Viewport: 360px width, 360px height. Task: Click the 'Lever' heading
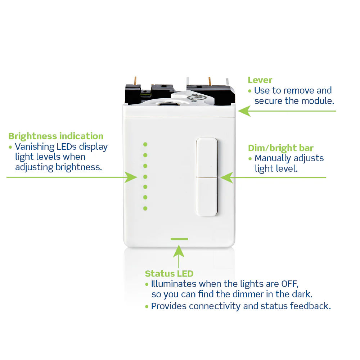point(260,80)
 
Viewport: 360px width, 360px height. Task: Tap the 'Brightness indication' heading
point(56,136)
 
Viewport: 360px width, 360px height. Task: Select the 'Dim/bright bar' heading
point(280,148)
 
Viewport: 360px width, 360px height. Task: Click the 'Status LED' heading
point(169,274)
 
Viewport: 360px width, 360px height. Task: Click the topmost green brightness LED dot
point(145,144)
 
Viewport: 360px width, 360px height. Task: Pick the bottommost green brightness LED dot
point(145,208)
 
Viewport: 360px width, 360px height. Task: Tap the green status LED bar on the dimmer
point(179,239)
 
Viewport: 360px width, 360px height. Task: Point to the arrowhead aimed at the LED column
point(131,177)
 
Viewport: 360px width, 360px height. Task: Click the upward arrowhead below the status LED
point(179,251)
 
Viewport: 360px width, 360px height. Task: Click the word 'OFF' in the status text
point(290,284)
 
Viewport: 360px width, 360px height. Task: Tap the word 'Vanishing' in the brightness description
point(35,147)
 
